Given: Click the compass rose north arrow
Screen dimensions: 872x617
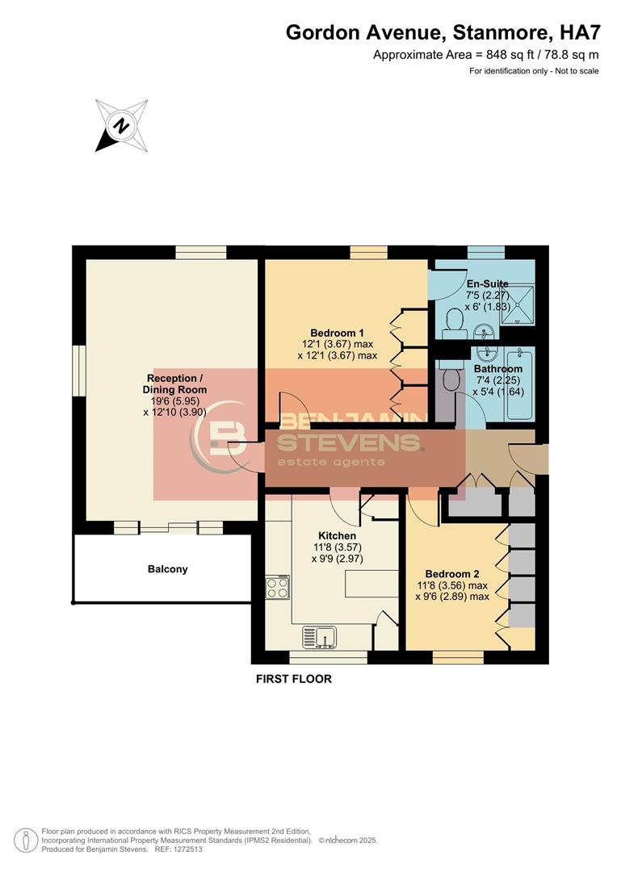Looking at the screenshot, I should tap(120, 126).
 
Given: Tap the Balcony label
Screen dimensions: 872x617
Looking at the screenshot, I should tap(167, 569).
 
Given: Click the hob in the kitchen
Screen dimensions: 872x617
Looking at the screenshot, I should tap(278, 587).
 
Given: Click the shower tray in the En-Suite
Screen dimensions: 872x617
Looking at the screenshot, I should tap(518, 305).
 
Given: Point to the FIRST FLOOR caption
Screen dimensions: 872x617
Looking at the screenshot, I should tap(294, 679).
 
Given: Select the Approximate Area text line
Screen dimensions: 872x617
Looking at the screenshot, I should tap(485, 55).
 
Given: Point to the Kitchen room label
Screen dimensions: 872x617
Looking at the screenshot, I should tap(337, 536).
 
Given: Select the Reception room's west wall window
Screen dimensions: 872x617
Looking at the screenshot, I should tap(79, 372).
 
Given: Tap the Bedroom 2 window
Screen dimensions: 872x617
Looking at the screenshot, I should tap(452, 657).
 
